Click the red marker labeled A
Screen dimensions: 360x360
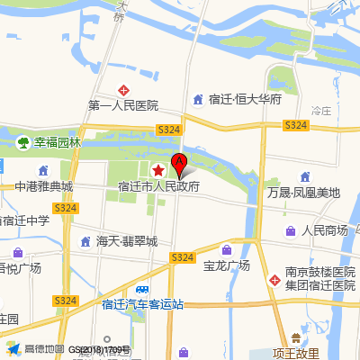179,165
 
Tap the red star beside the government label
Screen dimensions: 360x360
158,170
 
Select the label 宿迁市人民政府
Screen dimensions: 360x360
158,187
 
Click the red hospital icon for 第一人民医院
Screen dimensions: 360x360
125,91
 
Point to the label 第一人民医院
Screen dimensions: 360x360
123,106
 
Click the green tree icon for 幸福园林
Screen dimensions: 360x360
22,141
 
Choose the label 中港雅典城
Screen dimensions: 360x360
43,187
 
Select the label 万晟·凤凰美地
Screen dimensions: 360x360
304,193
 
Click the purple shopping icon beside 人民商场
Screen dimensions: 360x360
291,230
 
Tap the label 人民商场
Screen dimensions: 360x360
325,230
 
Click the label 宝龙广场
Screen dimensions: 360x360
227,265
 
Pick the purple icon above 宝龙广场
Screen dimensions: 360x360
227,249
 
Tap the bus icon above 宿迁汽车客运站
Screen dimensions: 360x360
142,289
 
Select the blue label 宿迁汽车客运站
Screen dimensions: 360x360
142,304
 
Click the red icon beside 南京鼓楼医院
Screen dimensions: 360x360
274,279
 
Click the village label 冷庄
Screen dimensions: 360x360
321,110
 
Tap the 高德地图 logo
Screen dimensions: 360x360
36,348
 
